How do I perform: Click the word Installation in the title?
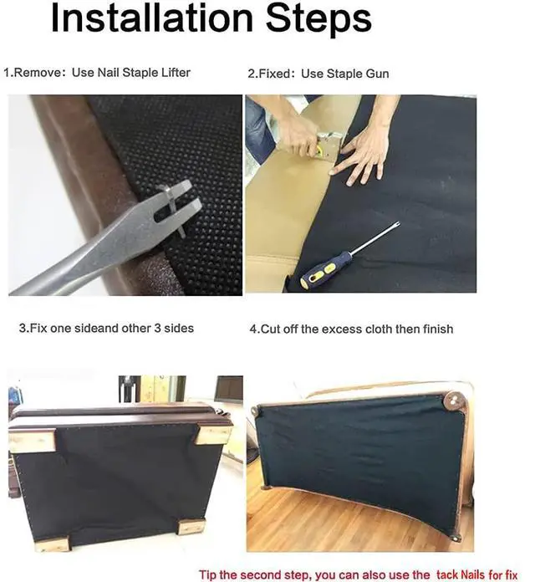[x=152, y=18]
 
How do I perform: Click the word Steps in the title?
[x=318, y=19]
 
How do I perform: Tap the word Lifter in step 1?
[x=176, y=72]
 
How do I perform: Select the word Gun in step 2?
[x=377, y=74]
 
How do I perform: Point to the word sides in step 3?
[x=179, y=328]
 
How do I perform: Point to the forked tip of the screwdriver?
[x=396, y=224]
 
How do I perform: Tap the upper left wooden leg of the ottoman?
[x=32, y=441]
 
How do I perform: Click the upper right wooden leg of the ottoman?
[x=214, y=435]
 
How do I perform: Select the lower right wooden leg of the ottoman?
[x=191, y=526]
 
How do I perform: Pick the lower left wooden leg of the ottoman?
[x=53, y=544]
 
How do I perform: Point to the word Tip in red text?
[x=208, y=574]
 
